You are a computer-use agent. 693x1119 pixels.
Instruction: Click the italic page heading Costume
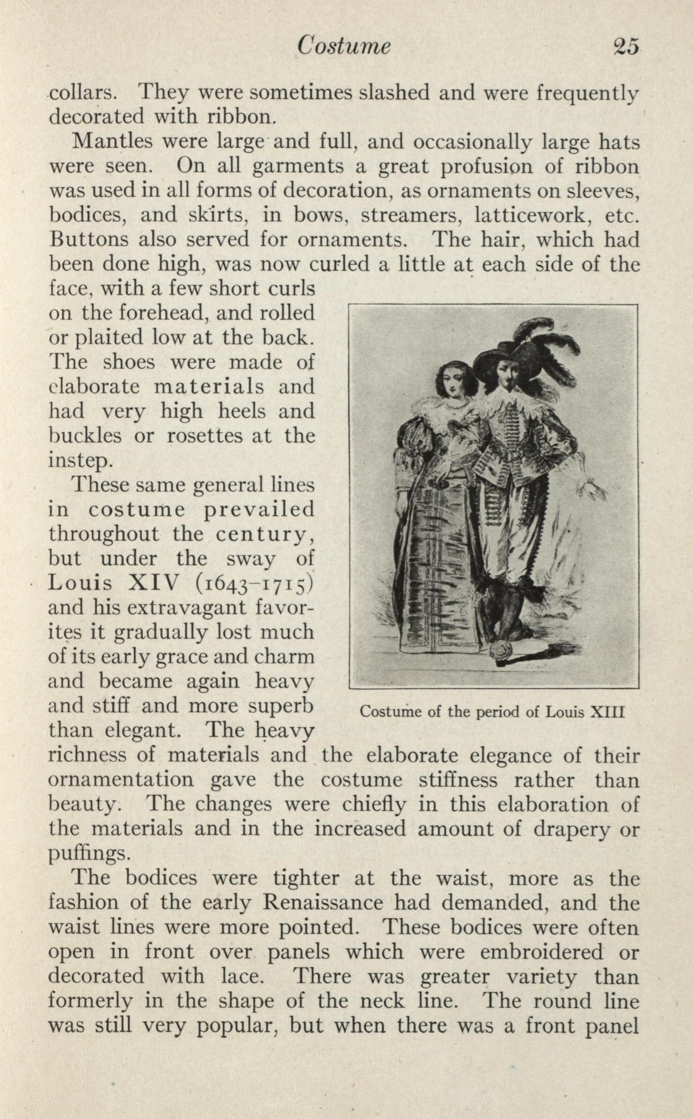(x=344, y=47)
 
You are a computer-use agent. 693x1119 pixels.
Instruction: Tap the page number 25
(x=625, y=47)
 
